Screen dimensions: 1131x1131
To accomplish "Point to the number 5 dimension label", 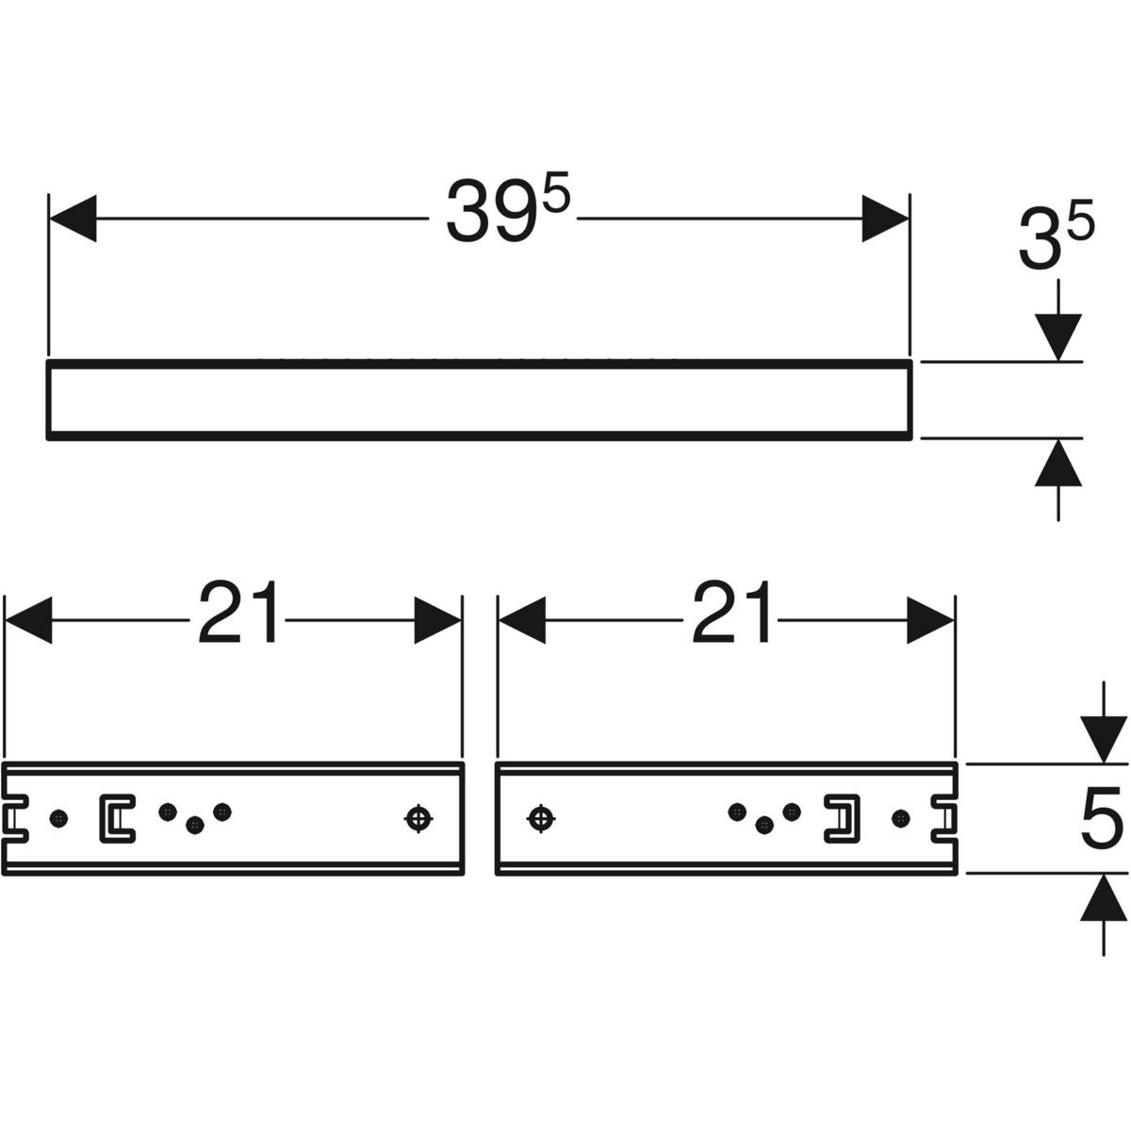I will [1100, 818].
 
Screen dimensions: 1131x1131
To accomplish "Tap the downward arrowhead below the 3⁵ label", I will [1058, 337].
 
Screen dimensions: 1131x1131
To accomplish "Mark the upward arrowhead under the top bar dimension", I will [1058, 463].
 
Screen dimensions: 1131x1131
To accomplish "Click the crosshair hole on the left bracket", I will [418, 819].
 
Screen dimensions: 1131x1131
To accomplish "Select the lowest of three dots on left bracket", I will [195, 826].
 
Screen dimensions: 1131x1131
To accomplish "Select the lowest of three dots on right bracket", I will [764, 826].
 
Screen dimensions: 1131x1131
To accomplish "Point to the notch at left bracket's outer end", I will [15, 818].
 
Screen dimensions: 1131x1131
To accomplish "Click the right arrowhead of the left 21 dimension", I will [437, 620].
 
